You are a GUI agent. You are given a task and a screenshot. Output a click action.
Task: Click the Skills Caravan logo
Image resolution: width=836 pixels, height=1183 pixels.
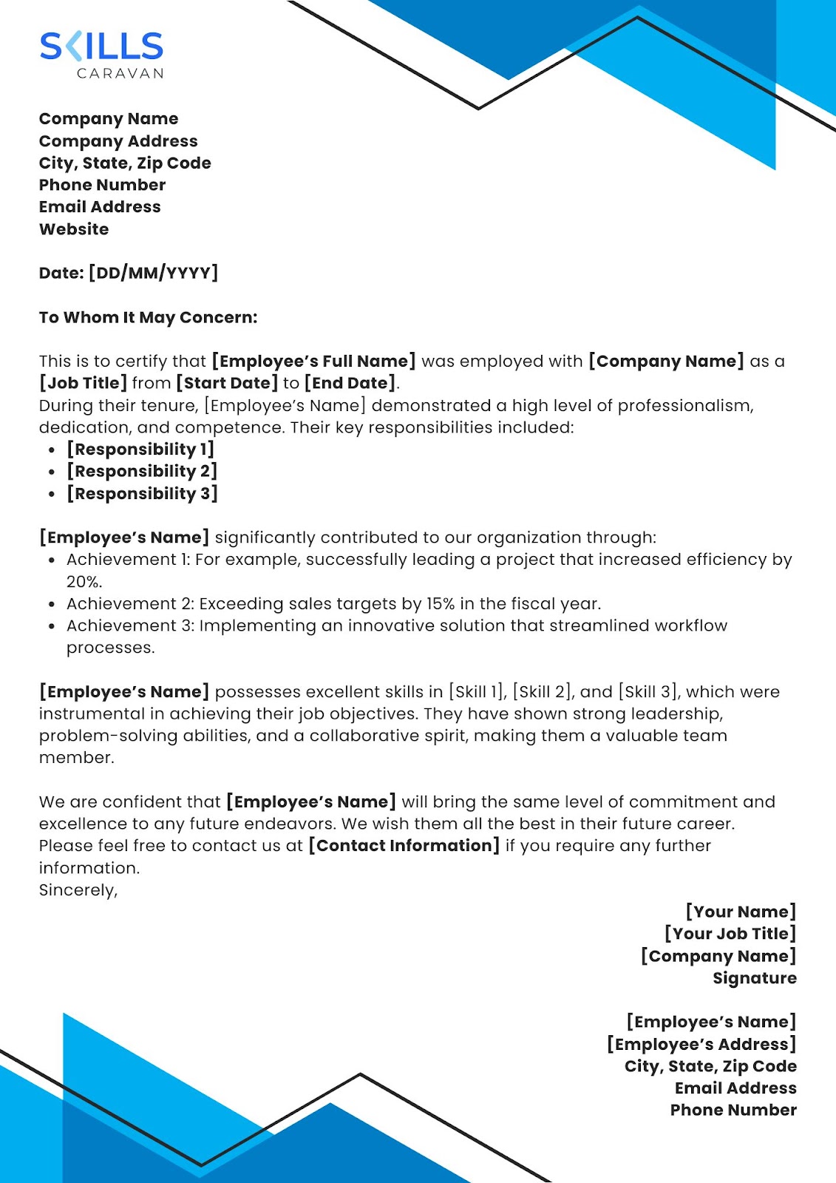coord(101,47)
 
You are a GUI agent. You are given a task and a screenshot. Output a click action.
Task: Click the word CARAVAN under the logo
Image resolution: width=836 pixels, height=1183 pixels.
coord(120,73)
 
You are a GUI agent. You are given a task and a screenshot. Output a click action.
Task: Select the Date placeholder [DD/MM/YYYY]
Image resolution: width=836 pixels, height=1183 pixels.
coord(153,273)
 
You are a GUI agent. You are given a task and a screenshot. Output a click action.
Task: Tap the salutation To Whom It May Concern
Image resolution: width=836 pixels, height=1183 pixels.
coord(148,317)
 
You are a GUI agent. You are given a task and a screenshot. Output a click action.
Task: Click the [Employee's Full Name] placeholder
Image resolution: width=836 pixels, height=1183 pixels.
coord(313,361)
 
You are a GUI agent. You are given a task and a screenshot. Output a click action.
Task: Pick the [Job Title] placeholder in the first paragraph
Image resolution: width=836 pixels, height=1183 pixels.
coord(83,383)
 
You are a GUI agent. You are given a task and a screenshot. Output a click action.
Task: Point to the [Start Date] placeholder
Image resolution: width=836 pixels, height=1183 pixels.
coord(227,383)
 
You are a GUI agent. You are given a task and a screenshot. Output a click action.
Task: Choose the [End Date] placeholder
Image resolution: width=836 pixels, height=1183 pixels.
coord(350,383)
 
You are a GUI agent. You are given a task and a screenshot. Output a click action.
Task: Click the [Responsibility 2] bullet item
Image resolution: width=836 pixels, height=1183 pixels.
coord(142,471)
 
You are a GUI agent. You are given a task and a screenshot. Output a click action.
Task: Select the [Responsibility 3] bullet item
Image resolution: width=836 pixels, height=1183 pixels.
coord(142,493)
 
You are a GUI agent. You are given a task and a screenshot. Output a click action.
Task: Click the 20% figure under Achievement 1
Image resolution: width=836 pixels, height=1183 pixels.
coord(84,581)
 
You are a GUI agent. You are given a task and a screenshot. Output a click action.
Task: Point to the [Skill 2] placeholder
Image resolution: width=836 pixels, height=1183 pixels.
coord(543,691)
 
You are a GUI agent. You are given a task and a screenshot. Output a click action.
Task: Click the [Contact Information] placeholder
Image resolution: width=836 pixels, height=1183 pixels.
coord(404,845)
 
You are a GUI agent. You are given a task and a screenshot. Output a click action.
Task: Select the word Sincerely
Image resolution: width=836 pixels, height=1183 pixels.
coord(78,889)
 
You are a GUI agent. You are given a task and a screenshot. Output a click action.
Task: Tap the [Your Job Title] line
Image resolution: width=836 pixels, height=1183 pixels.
coord(730,933)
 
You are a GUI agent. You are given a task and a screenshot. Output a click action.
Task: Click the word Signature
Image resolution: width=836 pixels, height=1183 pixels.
coord(755,977)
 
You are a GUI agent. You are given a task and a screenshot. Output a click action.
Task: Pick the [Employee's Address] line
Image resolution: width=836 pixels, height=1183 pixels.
coord(701,1044)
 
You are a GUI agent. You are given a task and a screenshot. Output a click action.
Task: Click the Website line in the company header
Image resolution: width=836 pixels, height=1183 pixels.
coord(74,229)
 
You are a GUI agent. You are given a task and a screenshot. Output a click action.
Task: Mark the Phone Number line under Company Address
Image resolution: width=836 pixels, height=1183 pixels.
coord(102,185)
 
